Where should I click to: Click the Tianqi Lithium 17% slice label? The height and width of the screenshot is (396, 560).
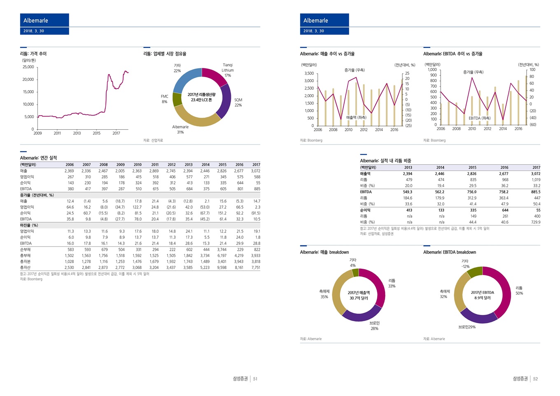click(228, 70)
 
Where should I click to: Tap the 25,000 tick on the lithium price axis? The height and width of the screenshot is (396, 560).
click(28, 67)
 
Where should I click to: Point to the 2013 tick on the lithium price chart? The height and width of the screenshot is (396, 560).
click(77, 133)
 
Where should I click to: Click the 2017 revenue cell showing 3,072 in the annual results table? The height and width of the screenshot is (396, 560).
click(255, 171)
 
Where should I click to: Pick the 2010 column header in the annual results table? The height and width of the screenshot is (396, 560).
click(138, 165)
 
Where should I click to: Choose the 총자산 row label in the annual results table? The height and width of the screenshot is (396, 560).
click(25, 268)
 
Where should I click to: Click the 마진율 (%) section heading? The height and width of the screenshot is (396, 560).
click(29, 225)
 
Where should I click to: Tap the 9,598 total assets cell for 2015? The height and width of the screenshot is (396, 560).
click(222, 268)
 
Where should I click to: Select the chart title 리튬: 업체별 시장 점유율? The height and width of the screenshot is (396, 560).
click(165, 54)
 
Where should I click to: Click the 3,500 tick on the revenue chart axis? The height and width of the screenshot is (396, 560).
click(309, 74)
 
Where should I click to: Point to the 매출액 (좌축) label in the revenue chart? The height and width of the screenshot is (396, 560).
click(356, 118)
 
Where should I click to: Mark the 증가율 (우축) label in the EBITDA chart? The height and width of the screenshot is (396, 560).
click(473, 72)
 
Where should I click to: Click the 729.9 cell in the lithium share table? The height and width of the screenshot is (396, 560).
click(536, 222)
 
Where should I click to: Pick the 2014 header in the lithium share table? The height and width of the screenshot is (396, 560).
click(440, 168)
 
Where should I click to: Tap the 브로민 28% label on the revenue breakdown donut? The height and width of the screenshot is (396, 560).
click(374, 326)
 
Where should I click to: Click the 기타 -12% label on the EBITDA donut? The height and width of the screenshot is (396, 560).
click(465, 264)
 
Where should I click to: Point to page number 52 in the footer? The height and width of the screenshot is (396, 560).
click(535, 379)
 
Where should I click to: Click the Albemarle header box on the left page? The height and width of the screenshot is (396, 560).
click(44, 21)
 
